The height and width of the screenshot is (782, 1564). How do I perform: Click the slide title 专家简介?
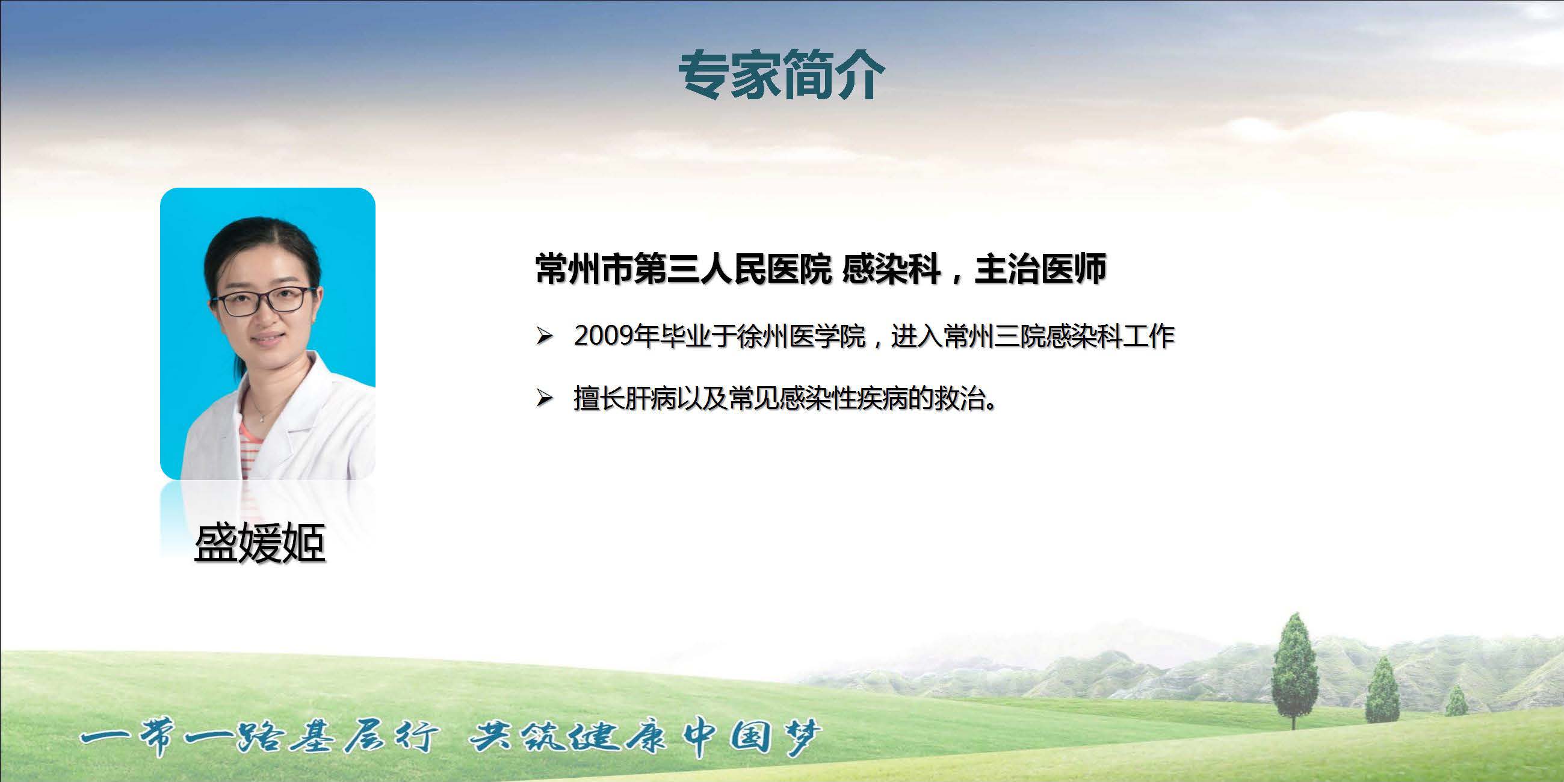781,75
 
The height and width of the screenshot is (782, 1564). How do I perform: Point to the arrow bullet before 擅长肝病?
544,398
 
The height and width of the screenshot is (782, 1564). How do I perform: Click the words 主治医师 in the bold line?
1040,269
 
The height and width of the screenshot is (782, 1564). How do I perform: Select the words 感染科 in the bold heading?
892,269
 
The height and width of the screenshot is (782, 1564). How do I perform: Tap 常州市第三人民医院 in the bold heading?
683,269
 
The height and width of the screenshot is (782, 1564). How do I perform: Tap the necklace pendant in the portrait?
261,417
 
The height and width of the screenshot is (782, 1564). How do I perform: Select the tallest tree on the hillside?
1294,670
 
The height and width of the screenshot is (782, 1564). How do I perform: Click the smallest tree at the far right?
1456,702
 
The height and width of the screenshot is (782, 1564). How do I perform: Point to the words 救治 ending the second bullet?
960,399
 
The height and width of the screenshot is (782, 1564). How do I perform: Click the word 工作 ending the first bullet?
1148,336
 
